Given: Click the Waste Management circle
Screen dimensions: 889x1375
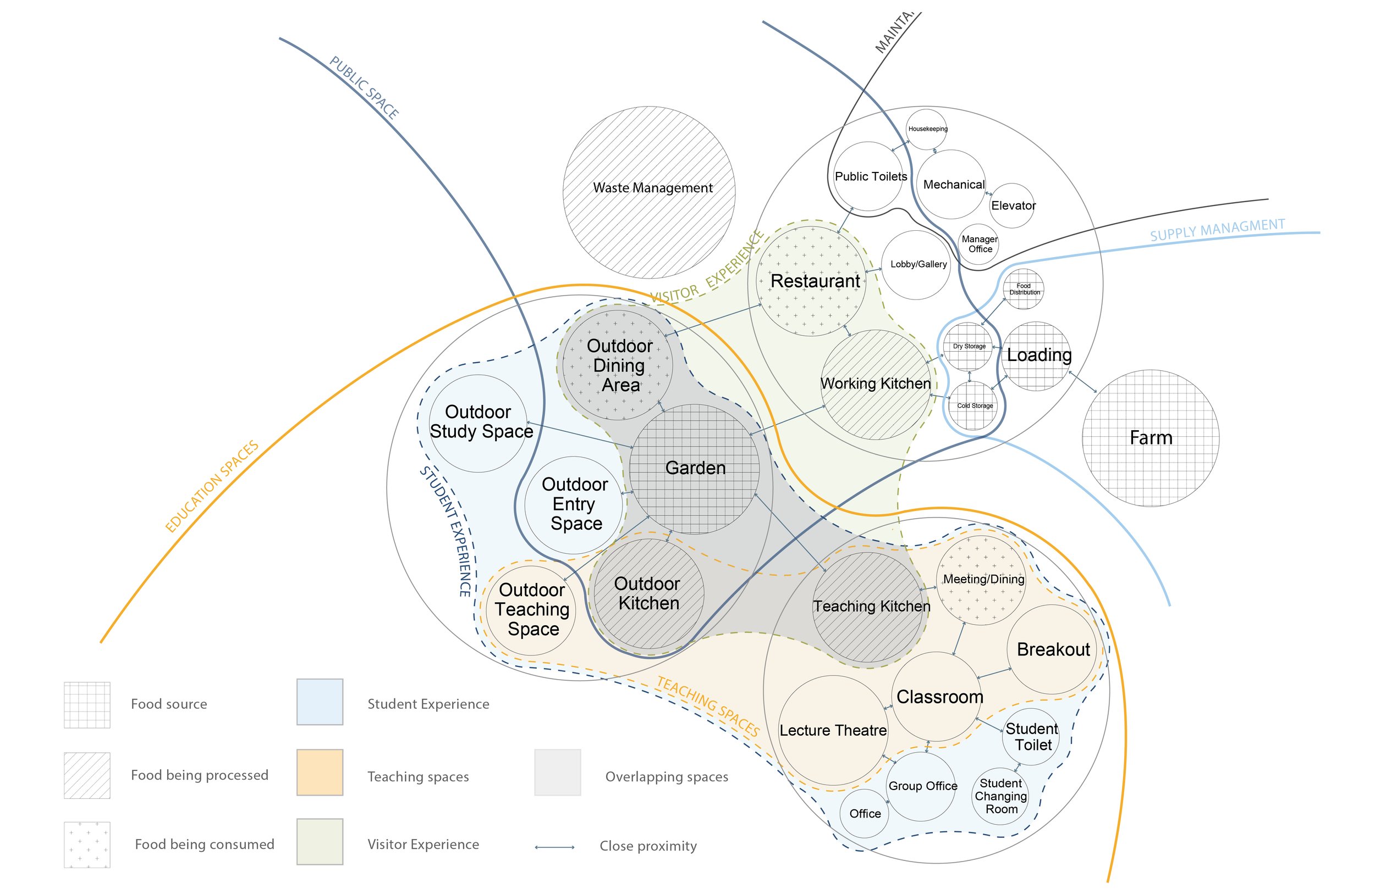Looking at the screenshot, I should (649, 192).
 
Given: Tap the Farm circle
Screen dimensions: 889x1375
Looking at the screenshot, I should (1150, 438).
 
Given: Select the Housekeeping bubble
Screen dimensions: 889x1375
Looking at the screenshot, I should (927, 129).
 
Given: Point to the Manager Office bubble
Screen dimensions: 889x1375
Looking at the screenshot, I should (978, 244).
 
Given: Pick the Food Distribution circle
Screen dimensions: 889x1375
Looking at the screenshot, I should (1023, 288).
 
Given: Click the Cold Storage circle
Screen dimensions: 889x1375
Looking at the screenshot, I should (974, 406).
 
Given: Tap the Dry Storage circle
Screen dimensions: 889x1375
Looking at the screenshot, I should (969, 346).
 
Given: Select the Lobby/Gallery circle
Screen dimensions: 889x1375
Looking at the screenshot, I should (917, 265).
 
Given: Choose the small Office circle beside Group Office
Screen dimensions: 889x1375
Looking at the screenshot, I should (864, 813).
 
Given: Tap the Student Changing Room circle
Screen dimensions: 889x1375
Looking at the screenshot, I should (1000, 796).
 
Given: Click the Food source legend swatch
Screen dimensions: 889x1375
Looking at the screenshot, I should (87, 704).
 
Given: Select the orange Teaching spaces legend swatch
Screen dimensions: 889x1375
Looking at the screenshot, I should (320, 773).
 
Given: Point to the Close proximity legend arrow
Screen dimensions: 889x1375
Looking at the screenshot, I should (554, 847).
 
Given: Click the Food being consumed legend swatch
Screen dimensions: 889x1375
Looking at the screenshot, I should (87, 844).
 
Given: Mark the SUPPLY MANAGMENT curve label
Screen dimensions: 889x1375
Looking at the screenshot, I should (1217, 230).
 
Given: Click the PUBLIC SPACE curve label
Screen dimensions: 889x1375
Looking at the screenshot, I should (364, 88).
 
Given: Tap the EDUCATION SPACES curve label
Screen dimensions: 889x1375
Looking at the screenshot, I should (212, 486).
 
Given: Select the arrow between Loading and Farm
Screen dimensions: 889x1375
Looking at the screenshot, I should (1082, 382).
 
